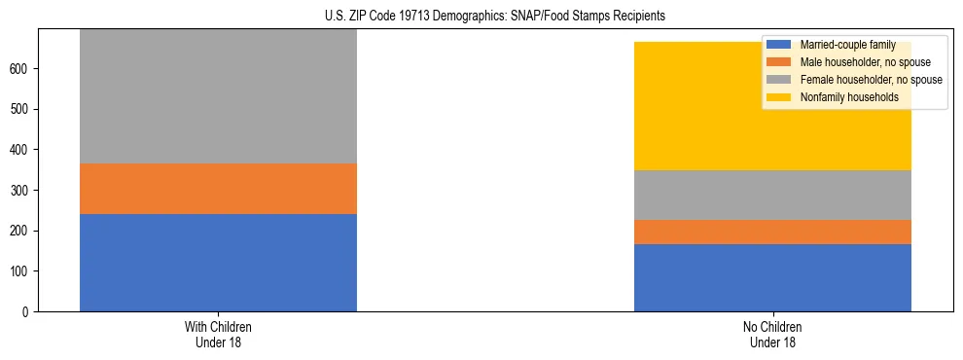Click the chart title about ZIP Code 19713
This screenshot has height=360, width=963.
(x=495, y=17)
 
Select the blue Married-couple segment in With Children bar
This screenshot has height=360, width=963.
(x=218, y=263)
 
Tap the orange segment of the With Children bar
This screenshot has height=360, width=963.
(x=218, y=189)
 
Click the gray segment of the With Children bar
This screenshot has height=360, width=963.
(x=218, y=97)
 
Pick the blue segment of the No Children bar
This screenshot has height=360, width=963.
(x=772, y=277)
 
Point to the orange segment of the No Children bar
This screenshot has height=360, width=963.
(x=772, y=232)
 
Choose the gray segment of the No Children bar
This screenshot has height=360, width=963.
(x=772, y=195)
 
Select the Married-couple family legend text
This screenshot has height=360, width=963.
(x=847, y=45)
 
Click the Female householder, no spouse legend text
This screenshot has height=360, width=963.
(x=870, y=80)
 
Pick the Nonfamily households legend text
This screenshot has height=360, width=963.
(x=849, y=97)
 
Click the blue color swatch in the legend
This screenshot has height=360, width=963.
(x=779, y=45)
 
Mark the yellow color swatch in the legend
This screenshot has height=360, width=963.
(x=779, y=97)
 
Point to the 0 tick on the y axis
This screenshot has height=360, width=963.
(x=28, y=312)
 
